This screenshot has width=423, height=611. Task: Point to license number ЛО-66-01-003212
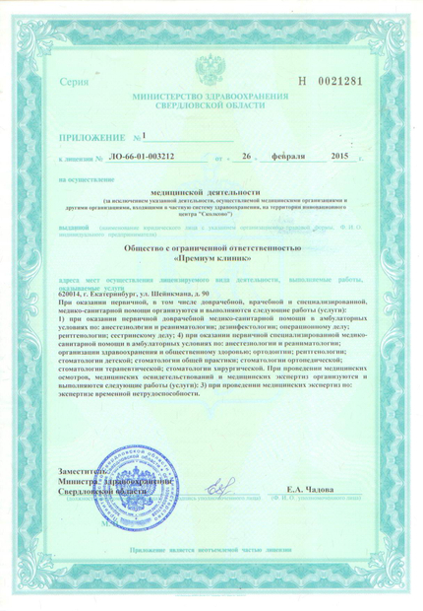(143, 158)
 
